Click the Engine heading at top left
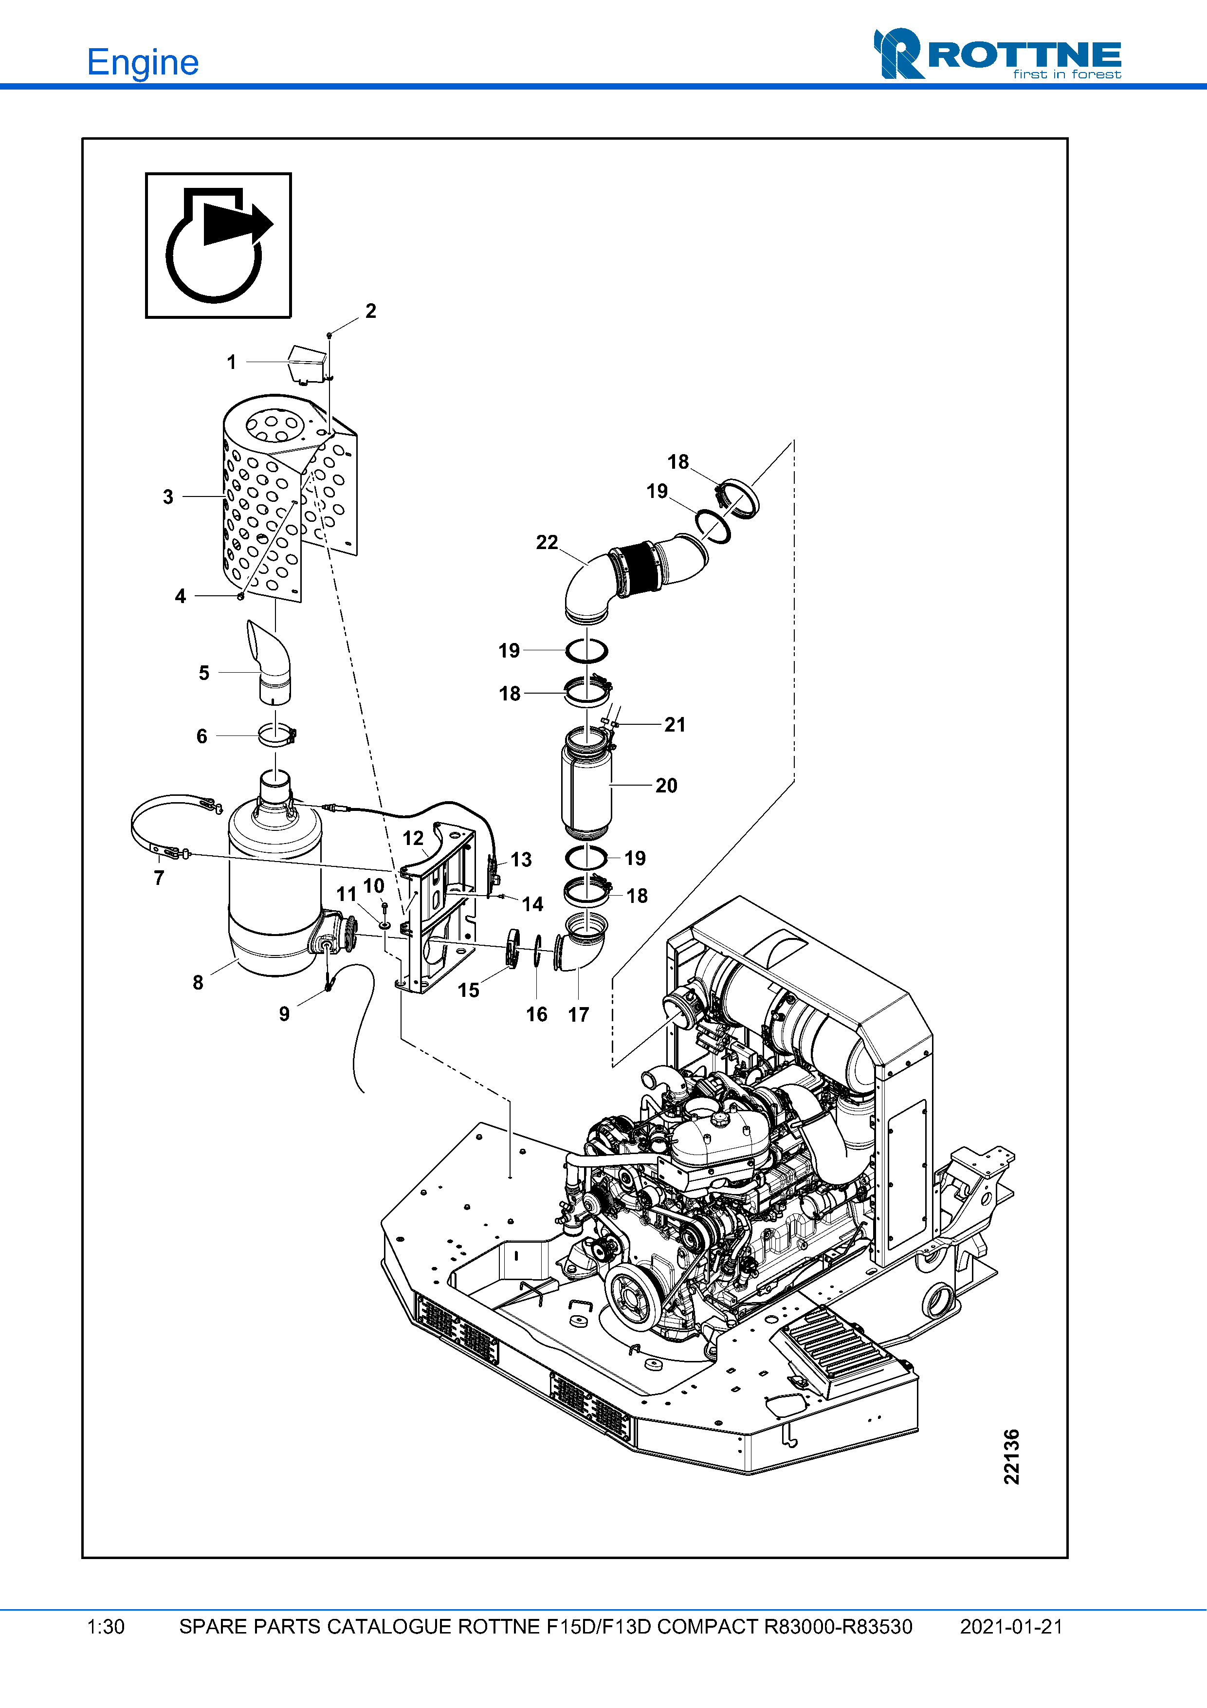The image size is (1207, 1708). click(x=143, y=62)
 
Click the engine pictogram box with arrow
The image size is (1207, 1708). click(x=218, y=245)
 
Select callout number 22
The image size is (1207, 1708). click(x=547, y=542)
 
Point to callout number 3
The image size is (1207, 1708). click(x=168, y=497)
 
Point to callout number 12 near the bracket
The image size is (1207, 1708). click(x=413, y=838)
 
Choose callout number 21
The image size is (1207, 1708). click(x=675, y=725)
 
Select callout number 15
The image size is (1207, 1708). click(x=469, y=990)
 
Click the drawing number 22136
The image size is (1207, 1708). click(x=1011, y=1456)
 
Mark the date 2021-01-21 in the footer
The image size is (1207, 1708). click(x=1011, y=1627)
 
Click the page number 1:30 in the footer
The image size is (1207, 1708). click(x=106, y=1627)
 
